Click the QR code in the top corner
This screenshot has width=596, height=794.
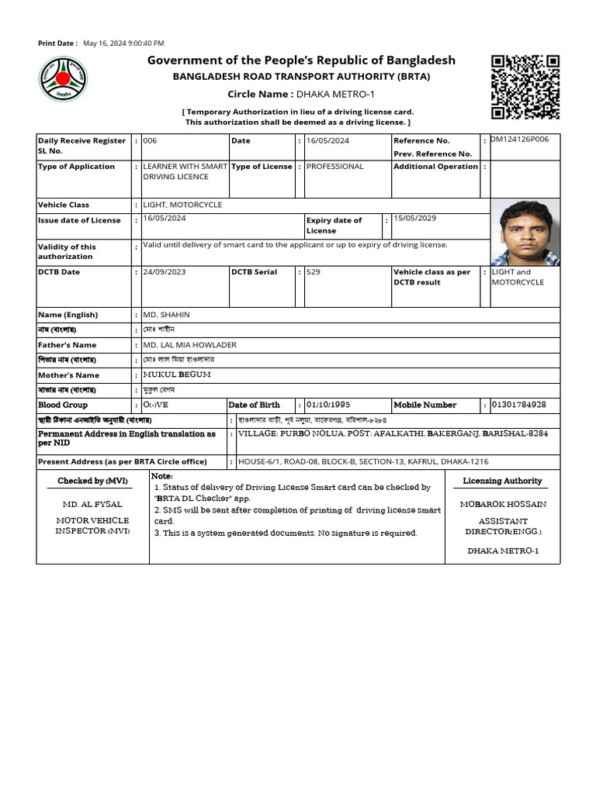coord(525,87)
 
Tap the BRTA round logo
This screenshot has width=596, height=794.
coord(63,80)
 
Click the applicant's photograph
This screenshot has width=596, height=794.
coord(525,232)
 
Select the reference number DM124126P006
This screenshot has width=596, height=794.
coord(519,140)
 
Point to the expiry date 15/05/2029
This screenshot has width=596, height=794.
coord(414,219)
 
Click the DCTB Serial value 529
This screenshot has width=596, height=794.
coord(313,272)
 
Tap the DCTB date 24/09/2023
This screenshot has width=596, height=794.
coord(164,272)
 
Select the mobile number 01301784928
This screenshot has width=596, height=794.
coord(519,405)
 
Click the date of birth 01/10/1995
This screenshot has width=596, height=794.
coord(334,405)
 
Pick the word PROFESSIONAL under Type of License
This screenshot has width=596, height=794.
coord(334,166)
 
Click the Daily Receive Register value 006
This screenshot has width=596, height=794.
coord(150,140)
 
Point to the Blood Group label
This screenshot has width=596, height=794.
coord(63,405)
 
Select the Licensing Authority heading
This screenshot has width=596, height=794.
coord(502,481)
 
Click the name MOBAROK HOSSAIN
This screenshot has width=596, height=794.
coord(503,504)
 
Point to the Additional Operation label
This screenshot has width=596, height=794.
coord(435,167)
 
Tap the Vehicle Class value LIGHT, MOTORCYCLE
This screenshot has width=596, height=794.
coord(182,205)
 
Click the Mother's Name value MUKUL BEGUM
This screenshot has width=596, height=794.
coord(177,375)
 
